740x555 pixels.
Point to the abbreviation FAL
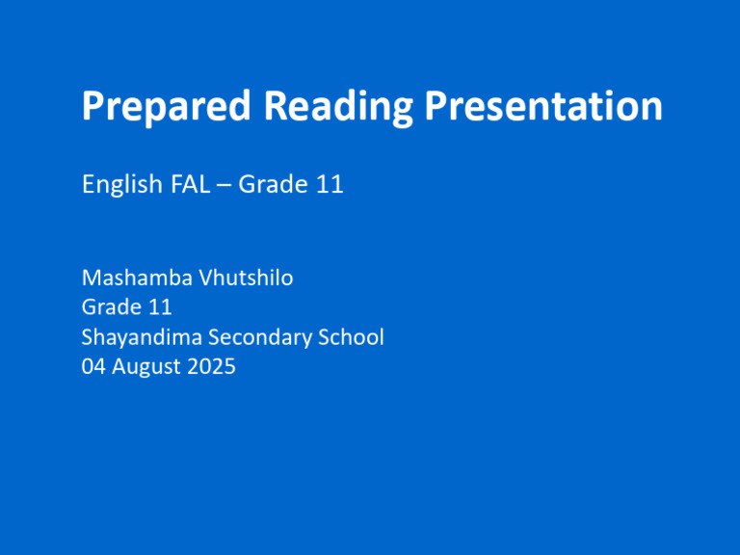click(x=189, y=184)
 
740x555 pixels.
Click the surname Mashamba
click(x=136, y=280)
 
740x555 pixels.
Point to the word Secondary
click(x=267, y=337)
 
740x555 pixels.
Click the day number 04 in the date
click(x=94, y=366)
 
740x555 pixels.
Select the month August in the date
click(x=148, y=366)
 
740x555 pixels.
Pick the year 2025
click(x=212, y=366)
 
